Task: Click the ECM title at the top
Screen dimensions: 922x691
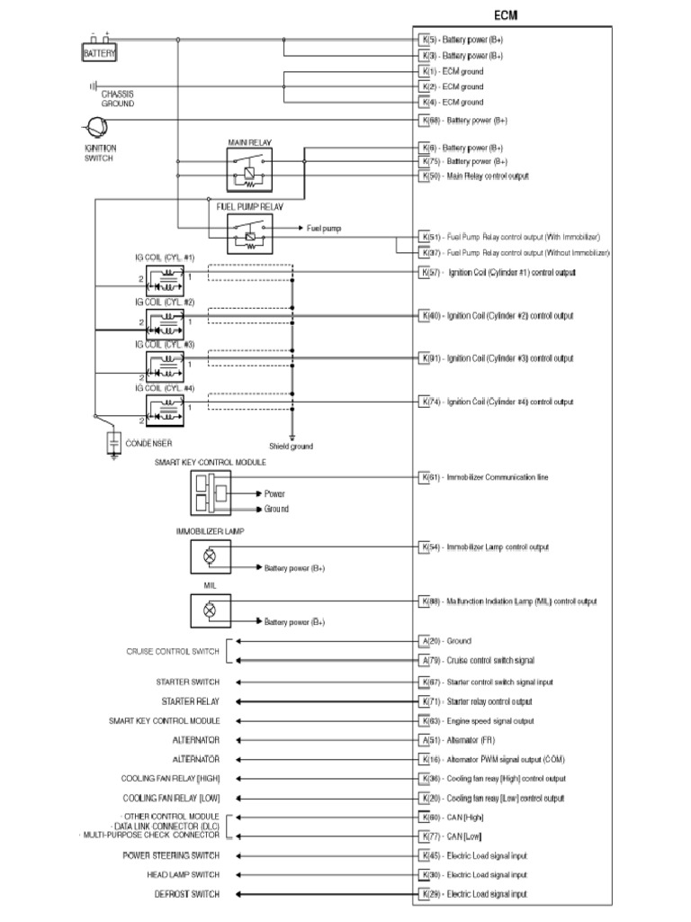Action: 506,15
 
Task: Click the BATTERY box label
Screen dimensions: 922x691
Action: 99,54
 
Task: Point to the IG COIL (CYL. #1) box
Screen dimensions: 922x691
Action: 165,276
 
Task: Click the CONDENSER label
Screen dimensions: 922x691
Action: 148,443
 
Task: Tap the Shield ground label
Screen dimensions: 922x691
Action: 291,446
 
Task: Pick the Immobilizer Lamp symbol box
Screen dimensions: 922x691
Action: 211,556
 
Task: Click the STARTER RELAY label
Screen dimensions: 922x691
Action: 190,701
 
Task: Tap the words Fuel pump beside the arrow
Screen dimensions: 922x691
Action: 324,229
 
